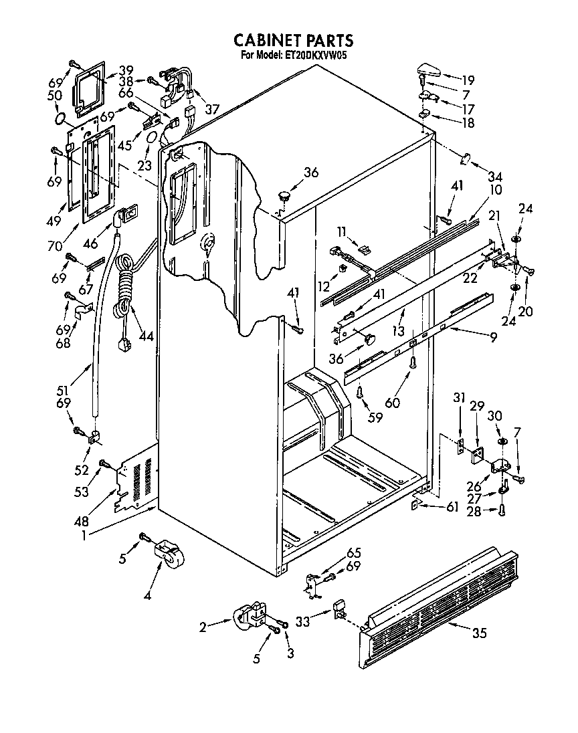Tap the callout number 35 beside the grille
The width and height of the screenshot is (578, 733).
coord(479,634)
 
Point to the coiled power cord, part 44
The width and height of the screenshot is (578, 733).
coord(124,288)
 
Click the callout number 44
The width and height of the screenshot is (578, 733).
coord(146,336)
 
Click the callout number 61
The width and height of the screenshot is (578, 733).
coord(452,508)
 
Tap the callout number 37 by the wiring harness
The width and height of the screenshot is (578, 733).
coord(212,110)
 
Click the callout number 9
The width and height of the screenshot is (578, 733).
coord(493,338)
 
